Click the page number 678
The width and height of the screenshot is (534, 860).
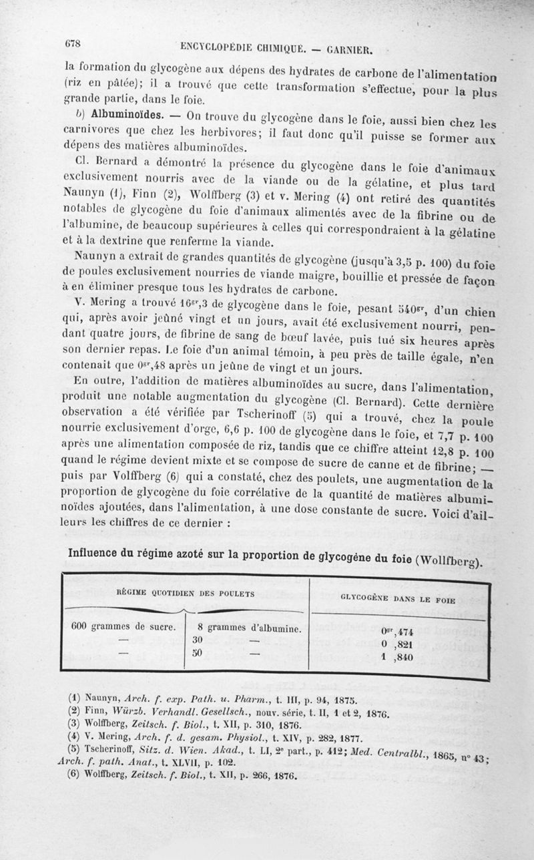tap(73, 43)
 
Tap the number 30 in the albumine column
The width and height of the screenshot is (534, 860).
tap(198, 639)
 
